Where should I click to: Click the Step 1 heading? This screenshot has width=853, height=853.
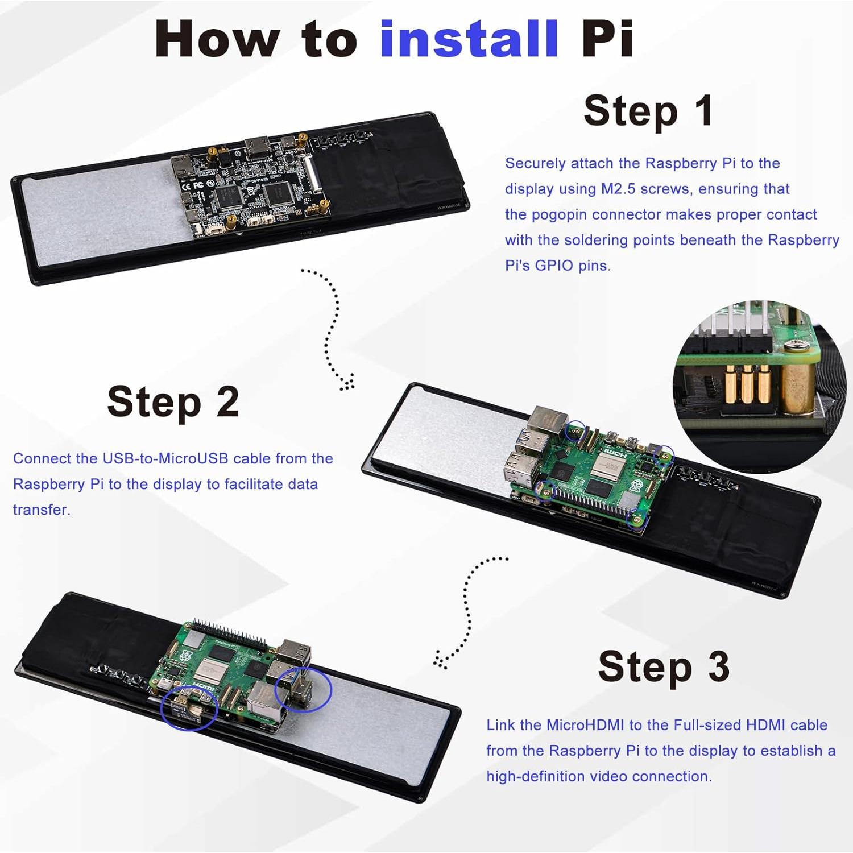648,111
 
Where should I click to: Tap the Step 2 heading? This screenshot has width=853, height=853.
173,402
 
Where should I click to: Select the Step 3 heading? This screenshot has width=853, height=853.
663,666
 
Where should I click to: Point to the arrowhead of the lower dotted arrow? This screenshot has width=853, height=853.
439,660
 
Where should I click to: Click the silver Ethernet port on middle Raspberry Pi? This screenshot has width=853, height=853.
545,421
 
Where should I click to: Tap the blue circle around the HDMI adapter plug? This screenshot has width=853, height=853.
189,707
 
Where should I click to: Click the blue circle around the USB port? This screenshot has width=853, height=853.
303,689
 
